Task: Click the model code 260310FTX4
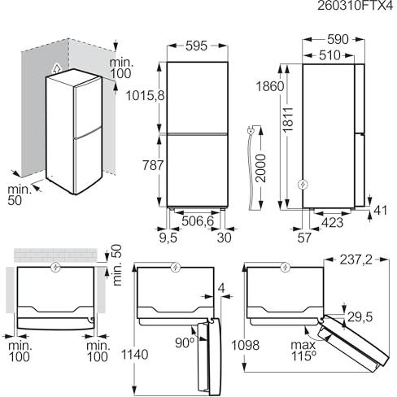(355, 6)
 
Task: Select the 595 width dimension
(197, 46)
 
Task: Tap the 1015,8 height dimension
(146, 96)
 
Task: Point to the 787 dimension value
(153, 165)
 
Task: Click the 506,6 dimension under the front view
(198, 221)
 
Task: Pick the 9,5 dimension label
(168, 238)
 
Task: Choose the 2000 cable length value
(261, 168)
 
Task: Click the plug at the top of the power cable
(251, 131)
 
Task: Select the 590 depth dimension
(338, 40)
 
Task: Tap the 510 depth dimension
(329, 55)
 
